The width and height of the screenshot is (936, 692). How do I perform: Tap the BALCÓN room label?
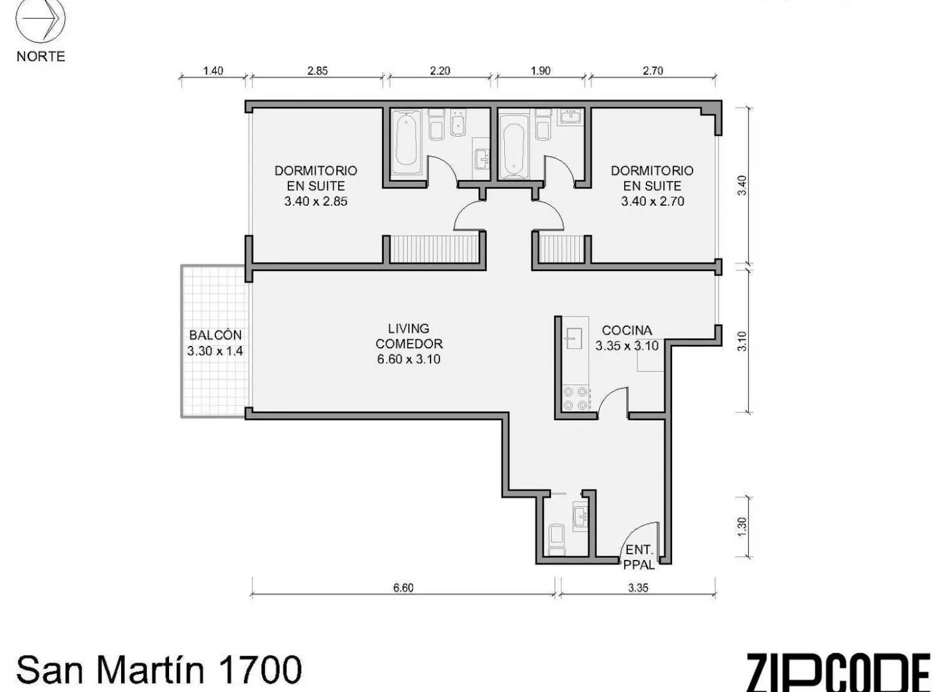[x=215, y=335]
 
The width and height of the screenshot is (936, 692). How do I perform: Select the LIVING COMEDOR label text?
[x=409, y=336]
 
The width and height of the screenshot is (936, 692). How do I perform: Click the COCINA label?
[x=627, y=330]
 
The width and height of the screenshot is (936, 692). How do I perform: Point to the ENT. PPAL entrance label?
[x=639, y=557]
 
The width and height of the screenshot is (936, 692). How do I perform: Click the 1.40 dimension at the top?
[x=213, y=70]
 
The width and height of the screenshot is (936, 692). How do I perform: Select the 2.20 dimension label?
[x=439, y=70]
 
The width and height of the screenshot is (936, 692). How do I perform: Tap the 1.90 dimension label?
[x=541, y=70]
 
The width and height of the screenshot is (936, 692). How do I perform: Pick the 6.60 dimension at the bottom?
[x=404, y=588]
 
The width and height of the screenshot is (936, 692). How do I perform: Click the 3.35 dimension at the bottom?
[x=637, y=588]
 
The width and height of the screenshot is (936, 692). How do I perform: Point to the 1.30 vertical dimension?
[x=743, y=527]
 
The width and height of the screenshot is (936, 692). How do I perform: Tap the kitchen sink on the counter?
[x=573, y=338]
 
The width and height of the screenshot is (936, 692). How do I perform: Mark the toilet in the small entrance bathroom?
[x=557, y=540]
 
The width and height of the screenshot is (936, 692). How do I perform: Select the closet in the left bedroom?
[x=434, y=249]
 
